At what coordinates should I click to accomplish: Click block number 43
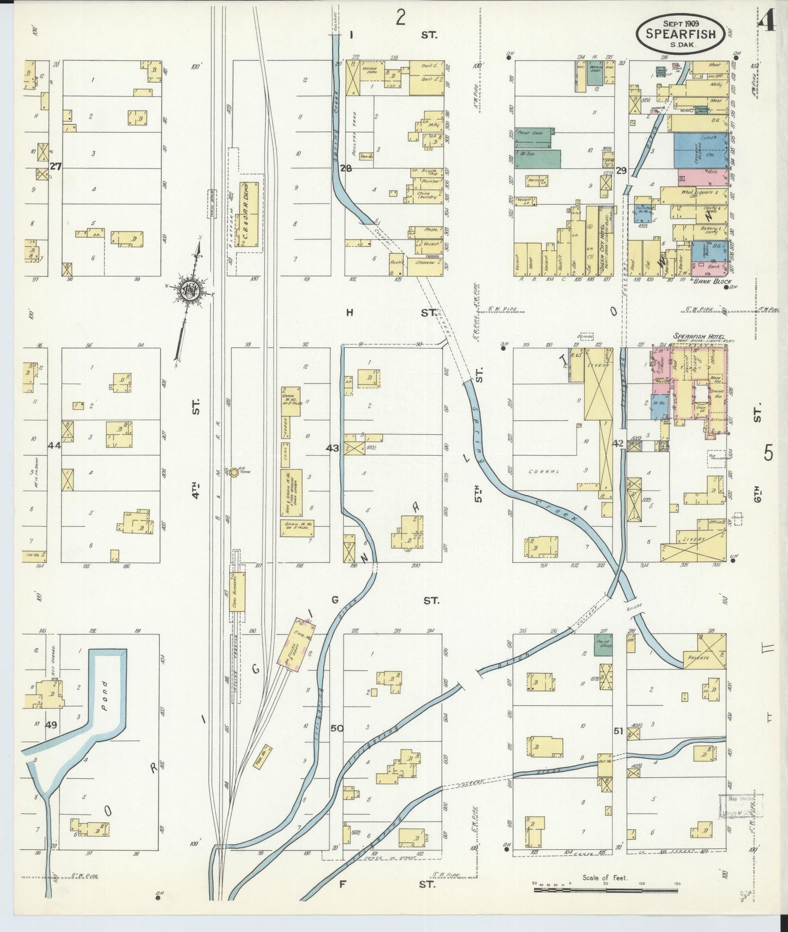pos(332,449)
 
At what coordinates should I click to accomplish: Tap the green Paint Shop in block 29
pos(534,139)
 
